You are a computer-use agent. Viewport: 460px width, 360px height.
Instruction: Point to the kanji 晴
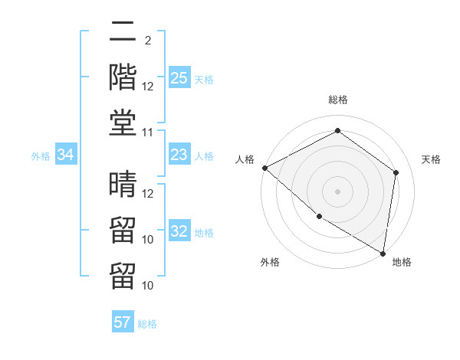click(x=123, y=184)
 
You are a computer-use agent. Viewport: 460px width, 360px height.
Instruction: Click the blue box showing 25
click(x=179, y=78)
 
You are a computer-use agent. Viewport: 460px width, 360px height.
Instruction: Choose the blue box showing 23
click(x=179, y=155)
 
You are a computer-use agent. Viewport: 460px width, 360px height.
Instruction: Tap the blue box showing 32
click(x=179, y=232)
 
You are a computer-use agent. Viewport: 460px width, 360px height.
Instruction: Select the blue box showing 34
click(x=66, y=155)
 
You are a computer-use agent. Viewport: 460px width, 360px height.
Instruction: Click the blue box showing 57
click(x=123, y=322)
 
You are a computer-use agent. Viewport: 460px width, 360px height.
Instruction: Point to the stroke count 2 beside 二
click(x=147, y=41)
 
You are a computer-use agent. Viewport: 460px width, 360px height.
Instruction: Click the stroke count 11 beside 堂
click(x=148, y=133)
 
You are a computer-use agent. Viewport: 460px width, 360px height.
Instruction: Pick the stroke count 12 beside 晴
click(x=148, y=194)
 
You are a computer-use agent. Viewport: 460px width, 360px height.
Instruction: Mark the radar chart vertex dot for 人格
click(x=264, y=168)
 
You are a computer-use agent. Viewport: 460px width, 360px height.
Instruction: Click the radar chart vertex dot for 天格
click(x=396, y=172)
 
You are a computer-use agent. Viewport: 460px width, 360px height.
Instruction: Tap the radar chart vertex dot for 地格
click(x=382, y=253)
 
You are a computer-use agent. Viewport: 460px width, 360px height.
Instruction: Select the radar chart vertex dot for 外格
click(x=319, y=217)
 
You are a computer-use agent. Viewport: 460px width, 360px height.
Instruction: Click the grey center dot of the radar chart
click(x=337, y=191)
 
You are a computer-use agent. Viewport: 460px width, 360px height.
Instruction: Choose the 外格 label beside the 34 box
click(x=41, y=156)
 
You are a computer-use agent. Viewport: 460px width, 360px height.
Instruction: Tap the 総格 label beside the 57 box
click(x=147, y=324)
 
